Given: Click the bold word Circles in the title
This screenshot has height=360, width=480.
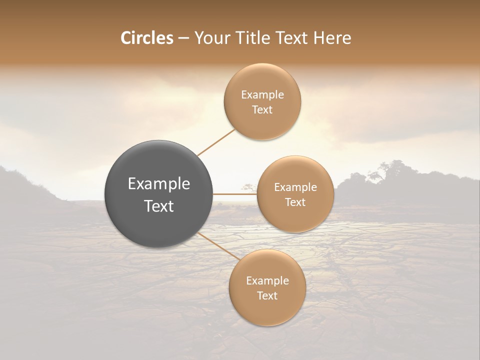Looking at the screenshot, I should click(x=146, y=38).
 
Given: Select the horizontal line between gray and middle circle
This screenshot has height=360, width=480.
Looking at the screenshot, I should click(x=235, y=194).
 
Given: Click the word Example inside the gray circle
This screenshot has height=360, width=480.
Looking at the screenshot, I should click(x=159, y=184).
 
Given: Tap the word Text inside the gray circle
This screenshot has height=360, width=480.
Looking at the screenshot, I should click(x=159, y=206).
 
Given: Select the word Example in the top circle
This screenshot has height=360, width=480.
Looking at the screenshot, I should click(x=262, y=95).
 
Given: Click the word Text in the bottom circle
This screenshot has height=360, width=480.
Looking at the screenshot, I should click(x=267, y=295).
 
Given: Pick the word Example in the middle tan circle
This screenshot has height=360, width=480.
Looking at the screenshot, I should click(x=295, y=187).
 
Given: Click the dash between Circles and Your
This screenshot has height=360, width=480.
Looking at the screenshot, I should click(x=183, y=38).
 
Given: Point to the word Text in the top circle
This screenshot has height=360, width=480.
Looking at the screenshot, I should click(x=262, y=110).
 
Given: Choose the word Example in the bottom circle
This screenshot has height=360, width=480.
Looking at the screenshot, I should click(x=267, y=281).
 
